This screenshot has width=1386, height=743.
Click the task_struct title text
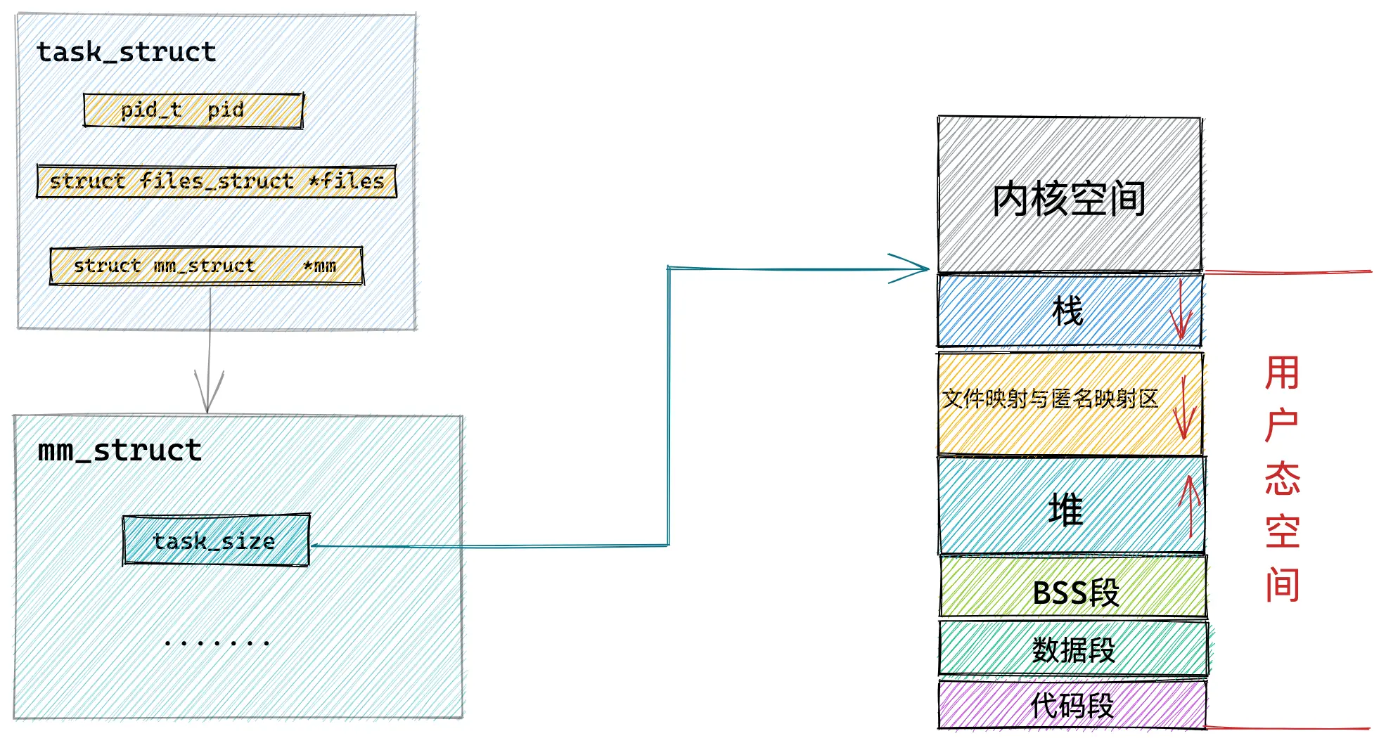click(x=127, y=52)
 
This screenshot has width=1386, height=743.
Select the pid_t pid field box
click(x=193, y=110)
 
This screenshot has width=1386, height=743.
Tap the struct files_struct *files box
click(x=217, y=181)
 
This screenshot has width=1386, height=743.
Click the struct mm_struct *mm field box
click(x=206, y=266)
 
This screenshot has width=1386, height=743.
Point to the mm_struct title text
click(x=120, y=451)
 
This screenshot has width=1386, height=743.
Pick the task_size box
click(x=216, y=541)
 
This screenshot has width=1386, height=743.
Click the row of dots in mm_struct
click(x=217, y=642)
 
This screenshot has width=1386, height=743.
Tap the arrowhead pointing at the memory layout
click(x=914, y=269)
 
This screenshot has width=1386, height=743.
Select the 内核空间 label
click(x=1069, y=199)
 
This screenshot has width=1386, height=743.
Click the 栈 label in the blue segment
click(x=1067, y=311)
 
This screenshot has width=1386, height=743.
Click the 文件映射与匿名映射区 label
click(x=1049, y=399)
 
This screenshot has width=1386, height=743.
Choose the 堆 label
click(x=1066, y=509)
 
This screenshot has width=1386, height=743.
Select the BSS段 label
click(x=1076, y=593)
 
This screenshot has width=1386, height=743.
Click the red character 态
click(x=1282, y=479)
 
